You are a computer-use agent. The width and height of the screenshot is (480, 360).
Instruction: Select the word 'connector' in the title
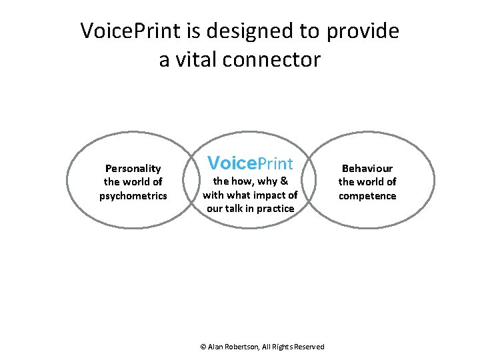(x=273, y=60)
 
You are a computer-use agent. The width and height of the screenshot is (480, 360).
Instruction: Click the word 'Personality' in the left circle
(x=133, y=169)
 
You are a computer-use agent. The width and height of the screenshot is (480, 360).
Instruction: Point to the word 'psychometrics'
(x=133, y=195)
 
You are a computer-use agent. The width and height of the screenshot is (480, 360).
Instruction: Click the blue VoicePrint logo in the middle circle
(x=250, y=163)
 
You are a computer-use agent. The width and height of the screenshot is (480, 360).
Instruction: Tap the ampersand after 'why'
(x=283, y=181)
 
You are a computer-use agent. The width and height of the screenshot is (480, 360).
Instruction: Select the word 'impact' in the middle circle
(x=269, y=195)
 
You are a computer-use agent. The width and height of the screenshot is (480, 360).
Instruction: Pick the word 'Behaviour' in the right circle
(x=367, y=169)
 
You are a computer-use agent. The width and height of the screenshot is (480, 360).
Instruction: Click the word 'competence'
(x=367, y=195)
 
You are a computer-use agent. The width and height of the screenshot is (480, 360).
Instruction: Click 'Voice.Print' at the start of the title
(x=125, y=31)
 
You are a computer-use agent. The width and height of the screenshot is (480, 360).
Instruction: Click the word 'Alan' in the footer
(x=216, y=347)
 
